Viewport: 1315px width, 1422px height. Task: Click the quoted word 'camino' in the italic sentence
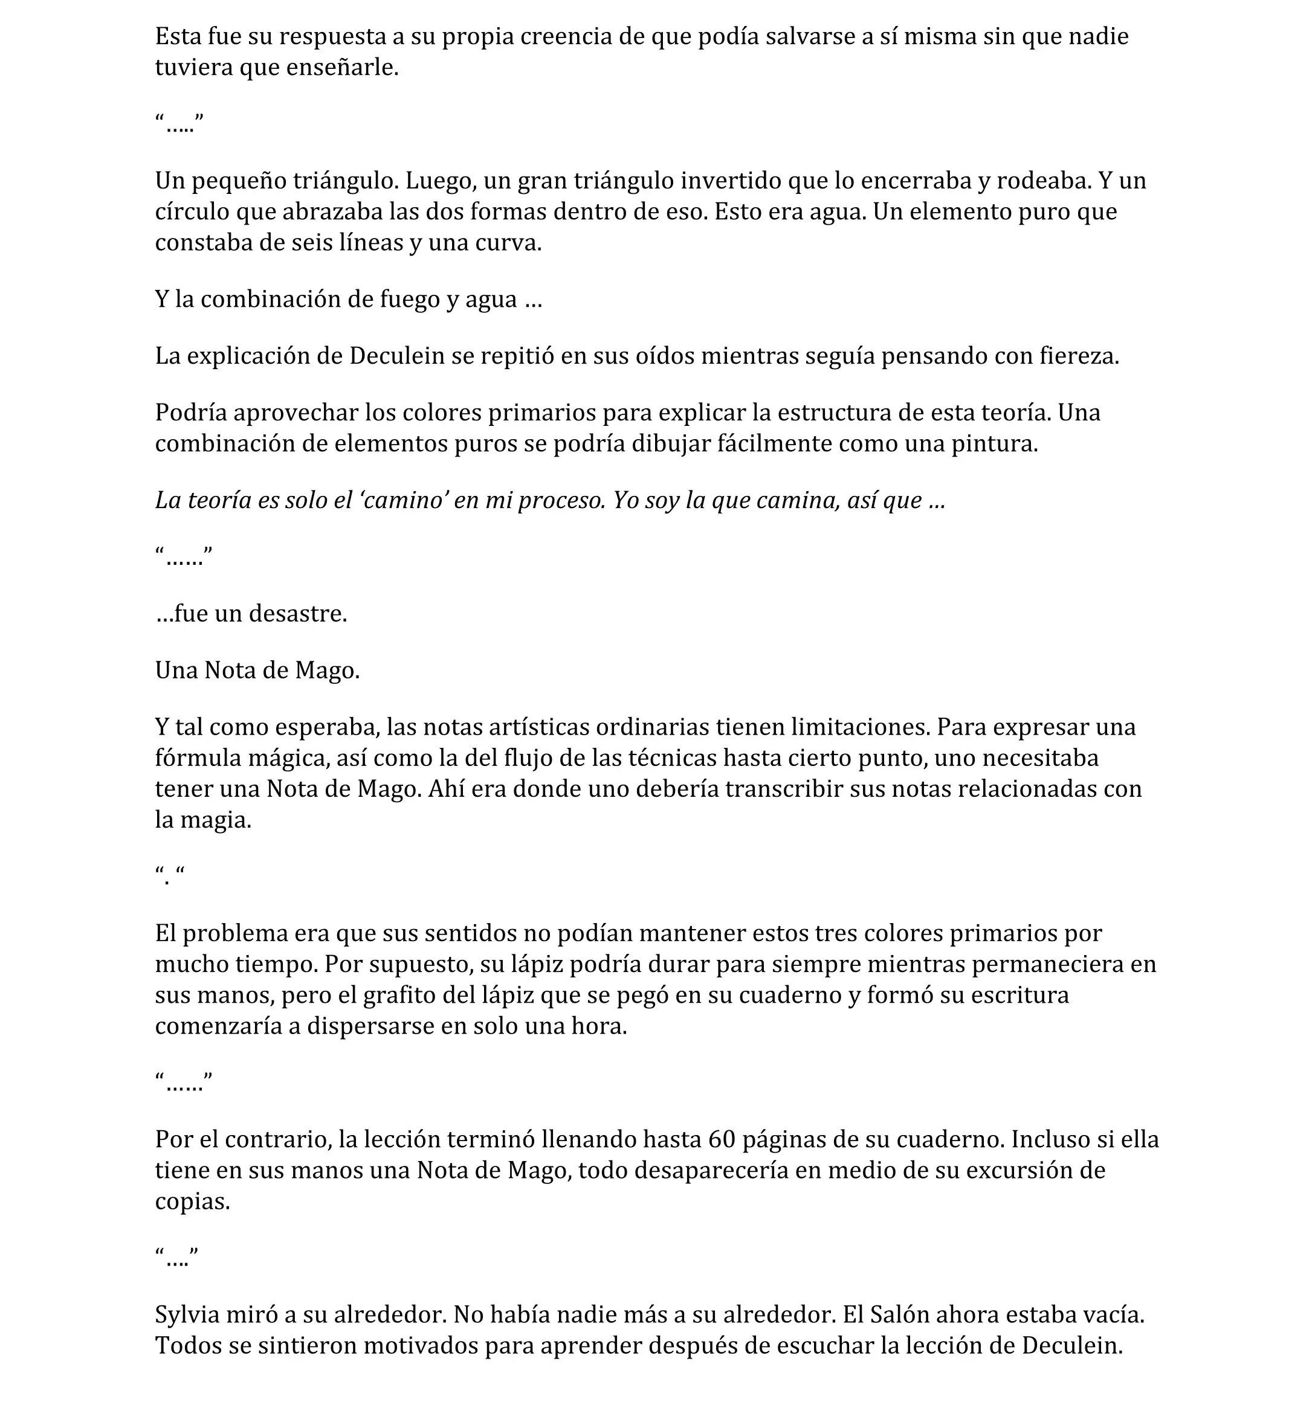pos(404,501)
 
